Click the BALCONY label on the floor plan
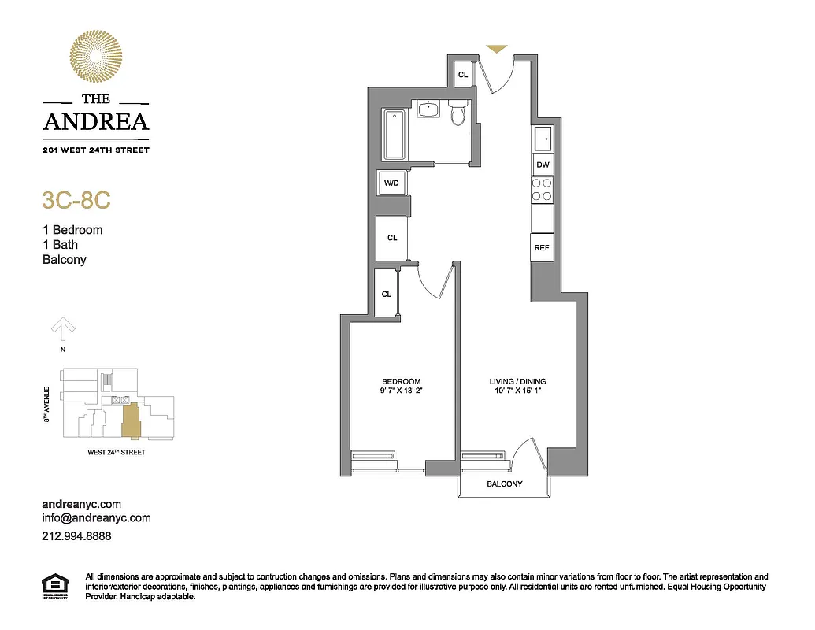point(504,484)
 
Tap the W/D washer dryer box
point(391,183)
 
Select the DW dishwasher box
point(542,165)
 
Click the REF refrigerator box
point(541,247)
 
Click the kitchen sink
point(543,139)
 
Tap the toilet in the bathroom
point(458,114)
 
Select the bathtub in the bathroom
point(395,134)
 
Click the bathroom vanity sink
point(428,109)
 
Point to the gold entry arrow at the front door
point(496,49)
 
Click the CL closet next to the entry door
point(463,75)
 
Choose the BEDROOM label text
point(402,382)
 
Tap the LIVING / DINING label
point(517,382)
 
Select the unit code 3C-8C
point(76,200)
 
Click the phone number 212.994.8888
point(76,536)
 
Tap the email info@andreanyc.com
point(96,518)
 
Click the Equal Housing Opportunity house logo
point(54,587)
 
